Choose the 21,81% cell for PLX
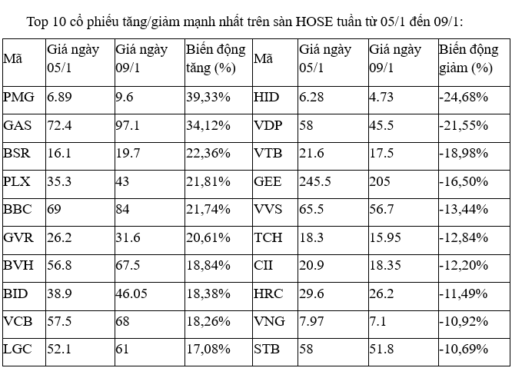pyautogui.click(x=208, y=181)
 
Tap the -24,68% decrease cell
pyautogui.click(x=464, y=98)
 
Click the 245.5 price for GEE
pyautogui.click(x=315, y=181)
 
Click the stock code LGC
pyautogui.click(x=17, y=350)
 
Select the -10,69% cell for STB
pyautogui.click(x=464, y=350)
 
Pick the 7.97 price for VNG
pyautogui.click(x=311, y=321)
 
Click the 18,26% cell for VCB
pyautogui.click(x=208, y=321)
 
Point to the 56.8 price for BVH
pyautogui.click(x=59, y=265)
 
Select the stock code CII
pyautogui.click(x=264, y=265)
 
